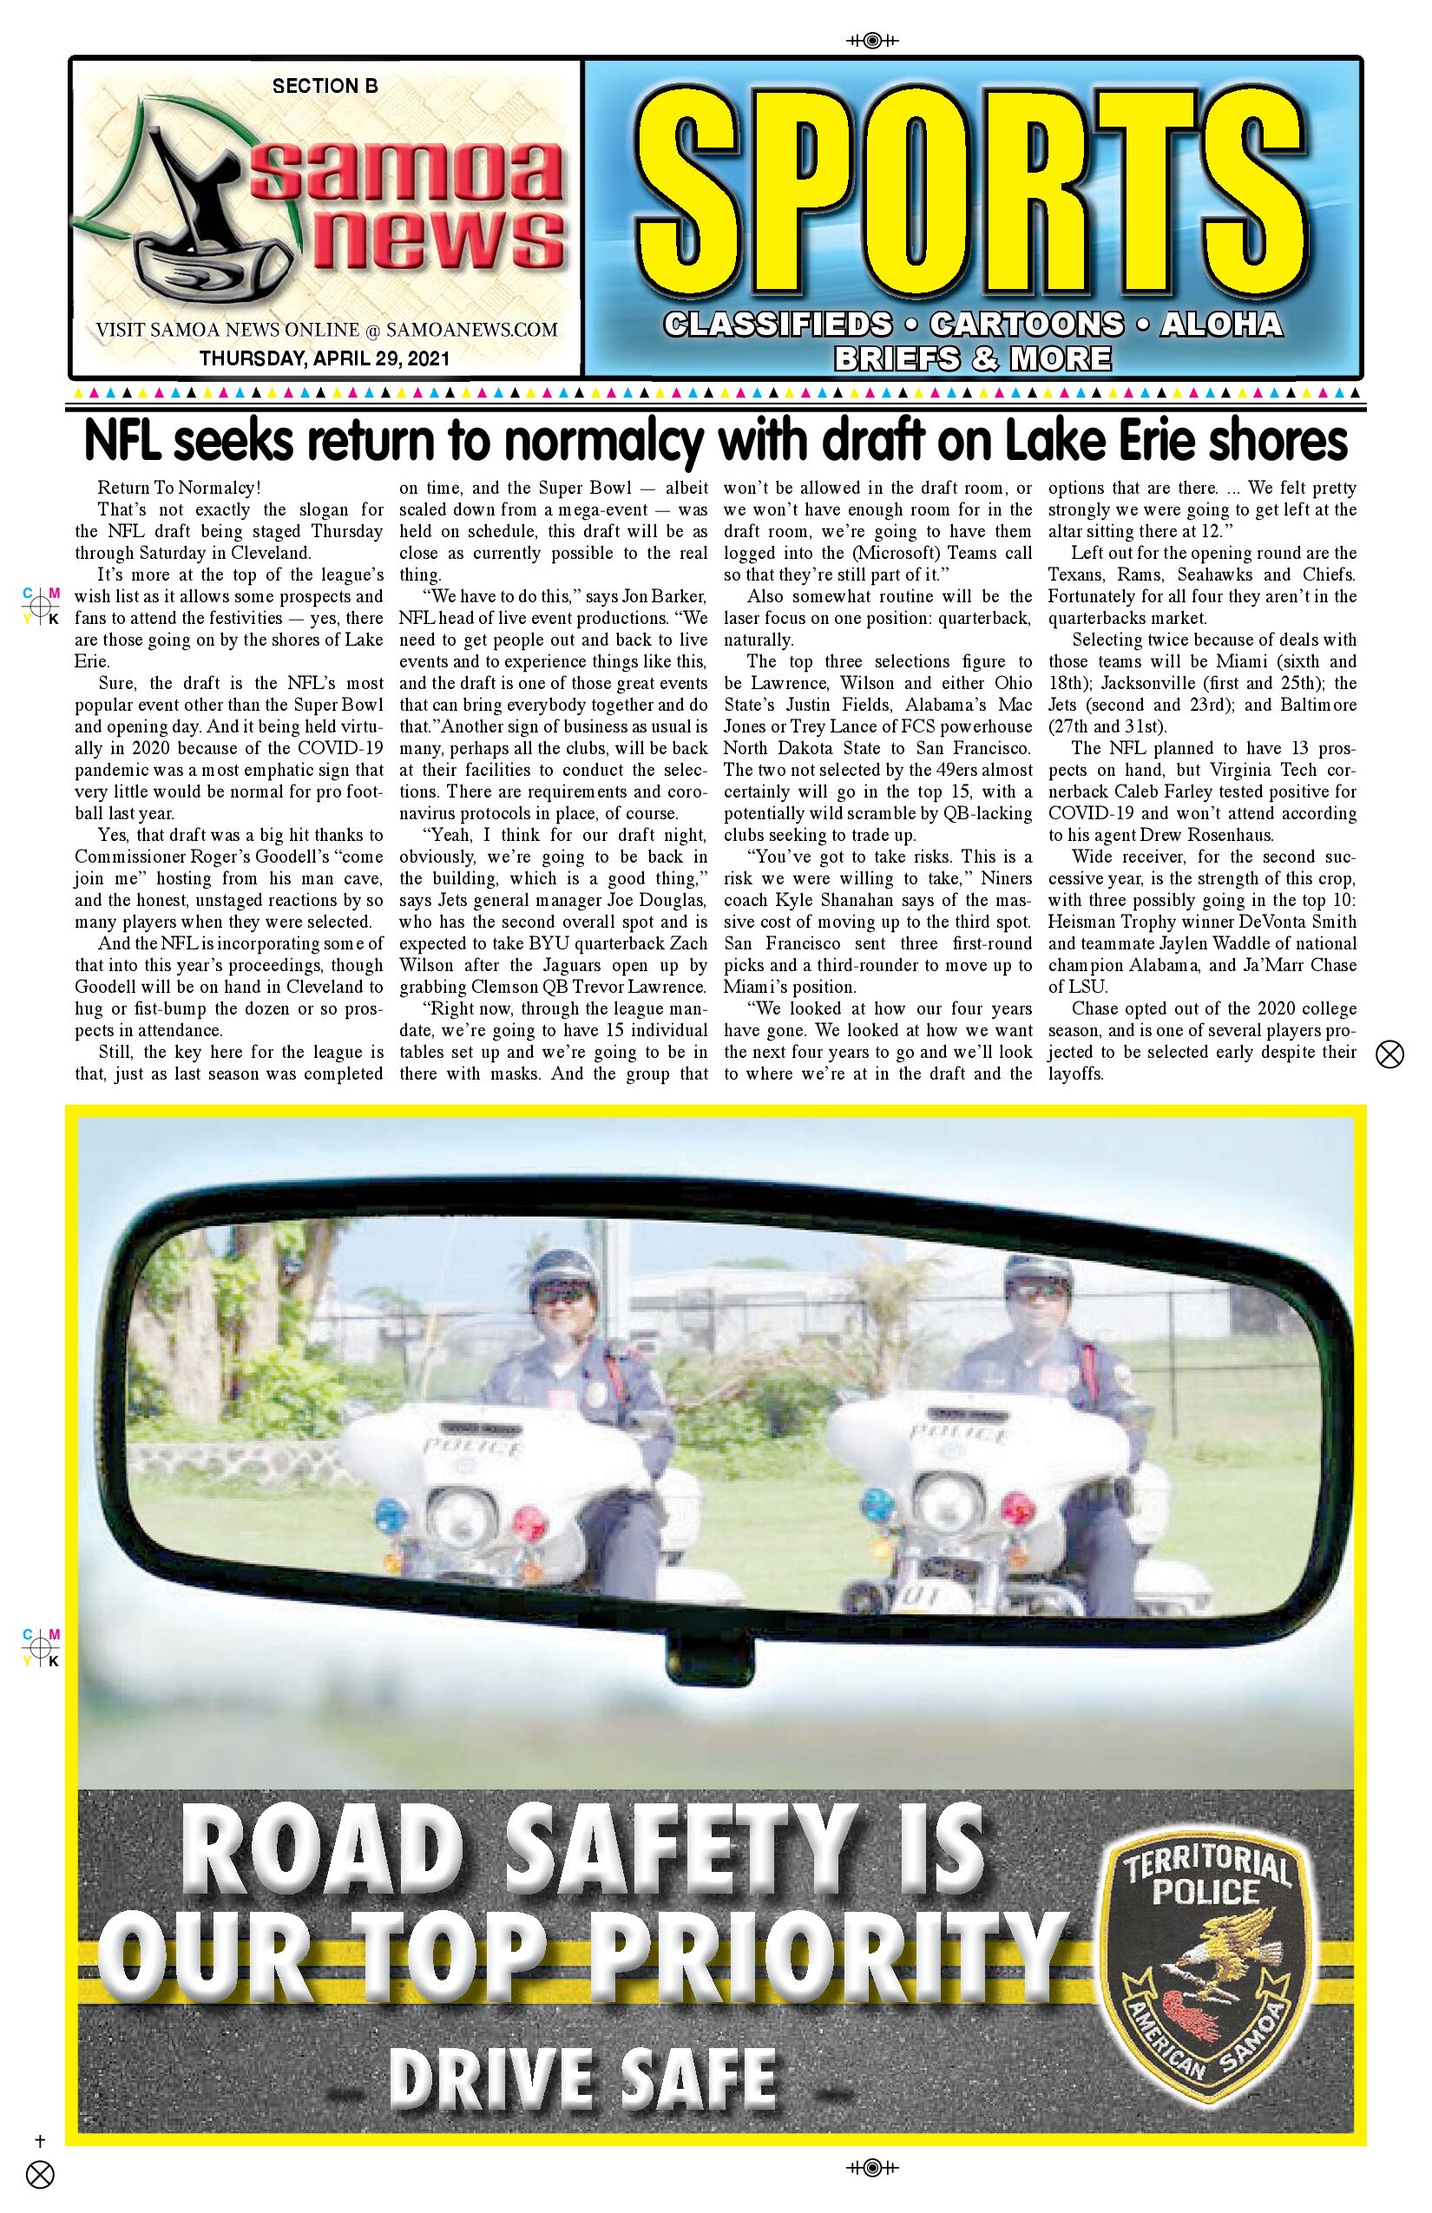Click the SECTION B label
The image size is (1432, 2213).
tap(325, 87)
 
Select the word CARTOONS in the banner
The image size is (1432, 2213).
tap(1026, 324)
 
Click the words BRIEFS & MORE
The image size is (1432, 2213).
tap(973, 358)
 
